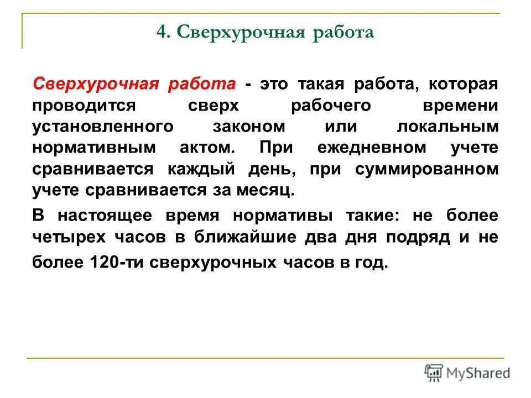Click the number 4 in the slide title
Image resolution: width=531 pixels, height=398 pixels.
[x=162, y=32]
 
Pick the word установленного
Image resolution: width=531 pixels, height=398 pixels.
[x=103, y=126]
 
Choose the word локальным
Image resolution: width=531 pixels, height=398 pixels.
[x=447, y=126]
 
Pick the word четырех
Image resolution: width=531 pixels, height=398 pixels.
[x=70, y=237]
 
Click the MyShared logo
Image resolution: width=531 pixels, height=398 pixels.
[x=467, y=373]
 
